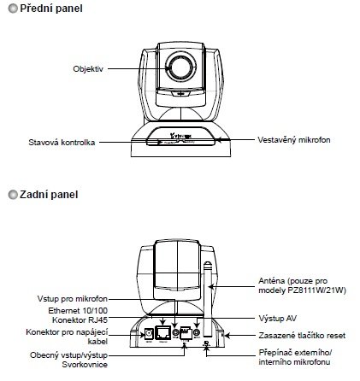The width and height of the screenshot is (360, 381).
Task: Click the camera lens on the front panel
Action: pos(181,67)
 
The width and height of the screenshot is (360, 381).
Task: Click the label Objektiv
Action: pos(88,69)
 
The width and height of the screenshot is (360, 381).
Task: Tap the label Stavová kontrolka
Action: pos(62,142)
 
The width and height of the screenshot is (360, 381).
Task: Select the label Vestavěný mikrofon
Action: pos(294,140)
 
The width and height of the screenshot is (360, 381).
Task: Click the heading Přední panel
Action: pos(51,9)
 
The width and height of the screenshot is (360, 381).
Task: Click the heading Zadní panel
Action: pos(49,195)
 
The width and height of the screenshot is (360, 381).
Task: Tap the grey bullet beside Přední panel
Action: pos(13,9)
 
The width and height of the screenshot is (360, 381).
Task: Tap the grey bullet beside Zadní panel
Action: pos(13,195)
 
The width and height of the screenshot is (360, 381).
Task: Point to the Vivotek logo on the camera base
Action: pos(180,136)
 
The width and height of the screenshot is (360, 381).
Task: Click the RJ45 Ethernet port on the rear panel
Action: pos(163,332)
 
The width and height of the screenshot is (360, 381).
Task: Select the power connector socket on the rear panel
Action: pos(149,333)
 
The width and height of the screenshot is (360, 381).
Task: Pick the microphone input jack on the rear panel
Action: pos(175,332)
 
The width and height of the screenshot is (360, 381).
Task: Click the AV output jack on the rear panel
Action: pos(197,332)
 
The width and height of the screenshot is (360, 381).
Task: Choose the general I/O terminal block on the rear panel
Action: pos(186,332)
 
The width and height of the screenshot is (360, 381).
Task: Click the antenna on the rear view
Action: pos(209,300)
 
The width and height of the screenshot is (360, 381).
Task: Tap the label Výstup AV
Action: pos(277,318)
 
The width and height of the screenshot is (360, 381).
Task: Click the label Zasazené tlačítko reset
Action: pos(302,336)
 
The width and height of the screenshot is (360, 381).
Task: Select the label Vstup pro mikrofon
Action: pos(73,299)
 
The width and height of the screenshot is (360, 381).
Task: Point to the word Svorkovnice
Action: pos(85,365)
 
